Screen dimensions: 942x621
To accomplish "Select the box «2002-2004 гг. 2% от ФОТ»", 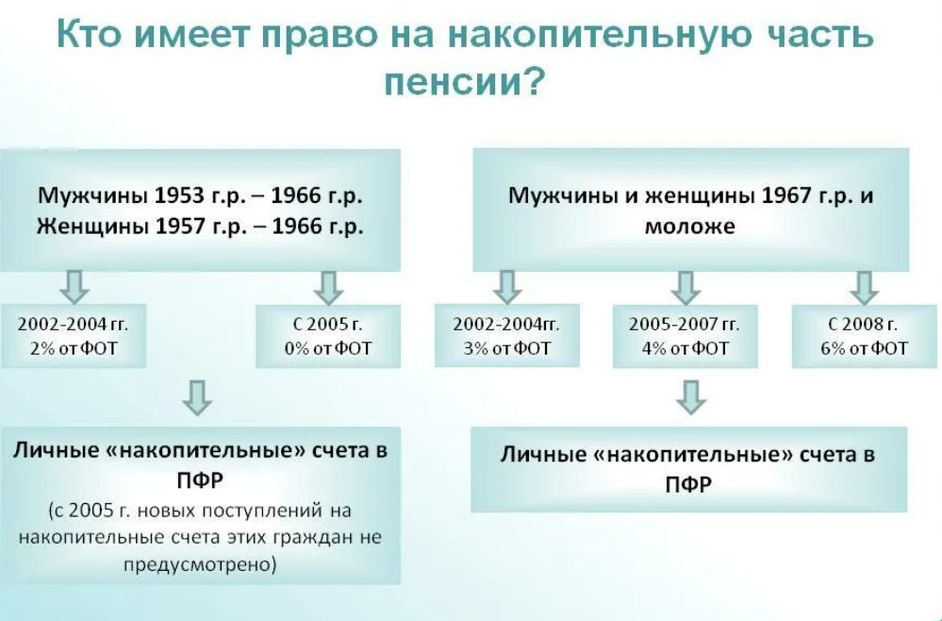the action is pyautogui.click(x=73, y=336).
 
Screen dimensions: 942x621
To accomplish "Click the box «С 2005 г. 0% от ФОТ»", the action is pyautogui.click(x=328, y=336).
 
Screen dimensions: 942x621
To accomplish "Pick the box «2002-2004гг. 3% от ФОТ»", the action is pyautogui.click(x=506, y=336).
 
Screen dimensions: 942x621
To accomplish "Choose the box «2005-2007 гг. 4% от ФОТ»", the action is pyautogui.click(x=685, y=336).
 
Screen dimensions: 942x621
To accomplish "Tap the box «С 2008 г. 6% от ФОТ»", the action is pyautogui.click(x=864, y=336).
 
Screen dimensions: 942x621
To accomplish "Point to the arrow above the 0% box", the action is pyautogui.click(x=328, y=286).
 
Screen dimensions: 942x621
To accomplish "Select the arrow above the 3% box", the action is pyautogui.click(x=507, y=286).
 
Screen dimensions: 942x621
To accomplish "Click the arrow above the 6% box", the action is pyautogui.click(x=864, y=286).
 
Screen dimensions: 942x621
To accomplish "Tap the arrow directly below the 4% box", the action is pyautogui.click(x=690, y=396).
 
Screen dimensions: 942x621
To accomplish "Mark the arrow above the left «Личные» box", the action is pyautogui.click(x=196, y=396).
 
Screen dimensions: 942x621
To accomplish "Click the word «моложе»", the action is pyautogui.click(x=690, y=227).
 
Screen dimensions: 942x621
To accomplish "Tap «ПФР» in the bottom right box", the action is pyautogui.click(x=687, y=484).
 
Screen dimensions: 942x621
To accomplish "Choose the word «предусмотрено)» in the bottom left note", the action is pyautogui.click(x=200, y=565).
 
